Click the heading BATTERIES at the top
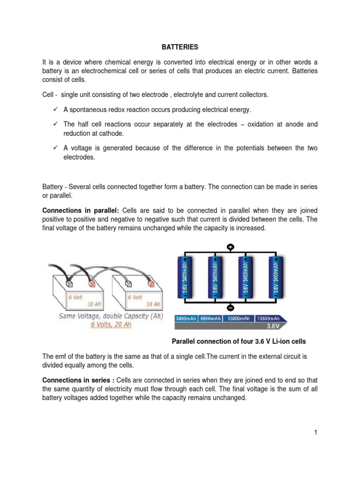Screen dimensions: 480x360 (x=180, y=47)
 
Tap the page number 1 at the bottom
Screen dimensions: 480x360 (x=316, y=432)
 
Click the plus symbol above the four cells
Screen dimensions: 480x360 (x=231, y=247)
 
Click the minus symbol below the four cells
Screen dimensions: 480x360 (x=231, y=308)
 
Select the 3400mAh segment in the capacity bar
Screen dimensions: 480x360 (x=187, y=318)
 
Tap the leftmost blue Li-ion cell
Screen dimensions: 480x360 (x=186, y=277)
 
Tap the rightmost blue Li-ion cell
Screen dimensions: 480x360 (x=276, y=277)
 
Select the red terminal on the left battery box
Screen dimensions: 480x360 (x=92, y=284)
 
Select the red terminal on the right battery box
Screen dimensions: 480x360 (x=150, y=284)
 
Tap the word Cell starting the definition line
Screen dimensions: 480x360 (x=49, y=95)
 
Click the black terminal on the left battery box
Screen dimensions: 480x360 (x=69, y=284)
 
